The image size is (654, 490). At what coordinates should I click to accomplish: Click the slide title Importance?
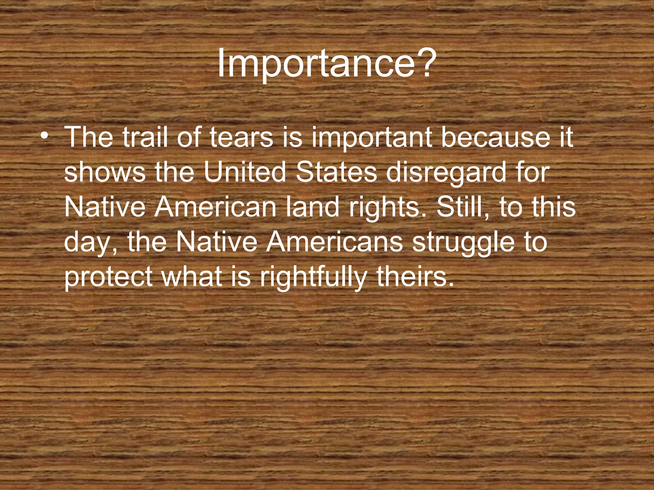pyautogui.click(x=326, y=65)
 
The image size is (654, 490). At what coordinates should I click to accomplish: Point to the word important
pyautogui.click(x=370, y=138)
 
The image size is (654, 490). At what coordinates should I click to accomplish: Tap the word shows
pyautogui.click(x=105, y=172)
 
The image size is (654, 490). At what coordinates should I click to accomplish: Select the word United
pyautogui.click(x=245, y=172)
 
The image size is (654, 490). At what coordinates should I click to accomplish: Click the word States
pyautogui.click(x=336, y=172)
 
